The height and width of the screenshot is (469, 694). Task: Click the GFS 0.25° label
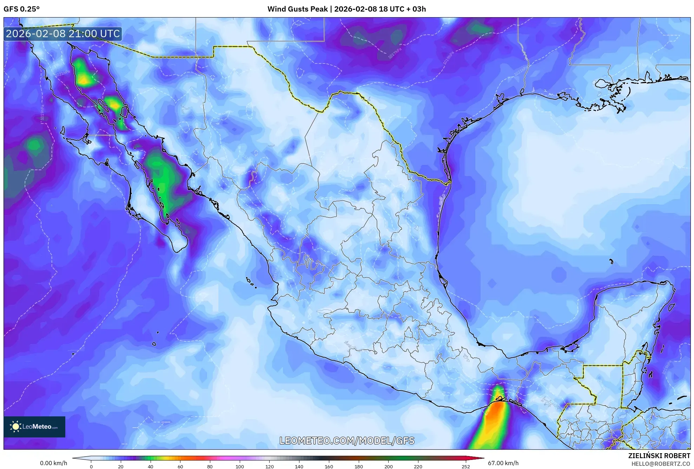pos(22,9)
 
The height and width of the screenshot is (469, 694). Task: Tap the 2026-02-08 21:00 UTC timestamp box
pos(63,34)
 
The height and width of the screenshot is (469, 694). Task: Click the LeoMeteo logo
pos(34,427)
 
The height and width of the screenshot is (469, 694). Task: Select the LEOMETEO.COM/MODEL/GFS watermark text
pos(347,441)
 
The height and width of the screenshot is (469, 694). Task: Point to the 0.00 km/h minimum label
pos(53,463)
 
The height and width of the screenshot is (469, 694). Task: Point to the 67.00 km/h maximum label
pos(503,463)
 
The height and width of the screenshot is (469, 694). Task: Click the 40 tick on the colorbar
pos(150,467)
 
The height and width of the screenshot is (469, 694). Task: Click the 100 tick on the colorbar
pos(239,467)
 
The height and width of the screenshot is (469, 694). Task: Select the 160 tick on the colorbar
pos(329,467)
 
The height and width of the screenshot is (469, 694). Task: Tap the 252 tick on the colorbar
pos(465,467)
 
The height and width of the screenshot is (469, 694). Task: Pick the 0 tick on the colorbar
pos(91,467)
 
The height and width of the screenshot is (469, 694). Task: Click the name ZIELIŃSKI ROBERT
pos(659,456)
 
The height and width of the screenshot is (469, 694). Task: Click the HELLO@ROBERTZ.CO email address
pos(661,464)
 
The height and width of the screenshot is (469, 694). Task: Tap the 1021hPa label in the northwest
pos(62,74)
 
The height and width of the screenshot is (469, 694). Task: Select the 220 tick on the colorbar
pos(418,467)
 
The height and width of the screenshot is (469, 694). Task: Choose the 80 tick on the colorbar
pos(210,467)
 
